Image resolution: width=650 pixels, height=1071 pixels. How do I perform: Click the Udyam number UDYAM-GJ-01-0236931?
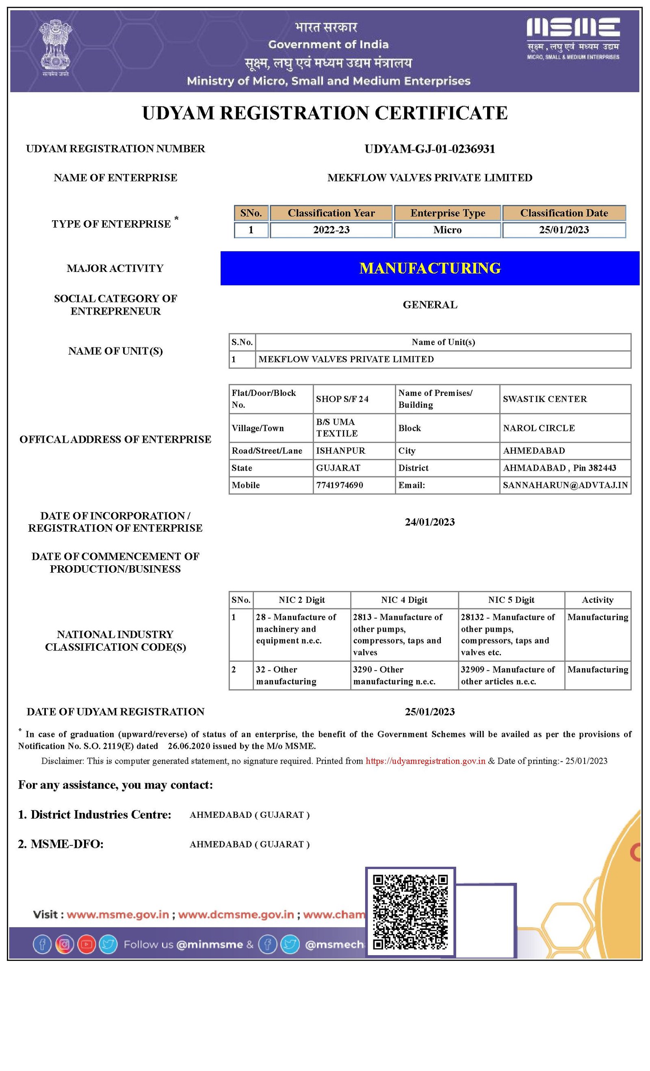(429, 149)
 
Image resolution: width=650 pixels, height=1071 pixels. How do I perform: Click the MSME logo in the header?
(573, 38)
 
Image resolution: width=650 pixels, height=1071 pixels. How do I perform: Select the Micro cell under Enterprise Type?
(447, 230)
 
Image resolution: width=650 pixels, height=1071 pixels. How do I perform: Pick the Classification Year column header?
(331, 213)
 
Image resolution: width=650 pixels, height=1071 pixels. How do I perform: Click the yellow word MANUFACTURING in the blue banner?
(430, 268)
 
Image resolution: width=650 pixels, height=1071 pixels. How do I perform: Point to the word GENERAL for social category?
(430, 305)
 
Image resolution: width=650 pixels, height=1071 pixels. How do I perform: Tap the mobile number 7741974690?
(339, 485)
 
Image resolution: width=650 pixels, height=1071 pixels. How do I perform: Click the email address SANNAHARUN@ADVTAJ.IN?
(565, 485)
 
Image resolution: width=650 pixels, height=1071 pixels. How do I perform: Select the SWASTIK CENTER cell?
(544, 399)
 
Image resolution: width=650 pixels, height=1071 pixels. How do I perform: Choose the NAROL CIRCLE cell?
(539, 428)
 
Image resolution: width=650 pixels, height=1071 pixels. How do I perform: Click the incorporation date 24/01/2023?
(430, 522)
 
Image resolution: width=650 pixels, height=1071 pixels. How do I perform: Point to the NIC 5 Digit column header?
(511, 600)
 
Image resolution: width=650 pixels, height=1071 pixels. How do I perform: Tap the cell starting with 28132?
(508, 634)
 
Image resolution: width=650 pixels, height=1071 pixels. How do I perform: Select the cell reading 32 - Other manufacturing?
(286, 676)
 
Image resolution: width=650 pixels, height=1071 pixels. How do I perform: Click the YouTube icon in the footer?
(87, 944)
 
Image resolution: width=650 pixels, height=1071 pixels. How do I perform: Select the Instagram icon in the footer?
(64, 944)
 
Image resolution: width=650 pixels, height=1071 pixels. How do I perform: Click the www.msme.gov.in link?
(118, 914)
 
